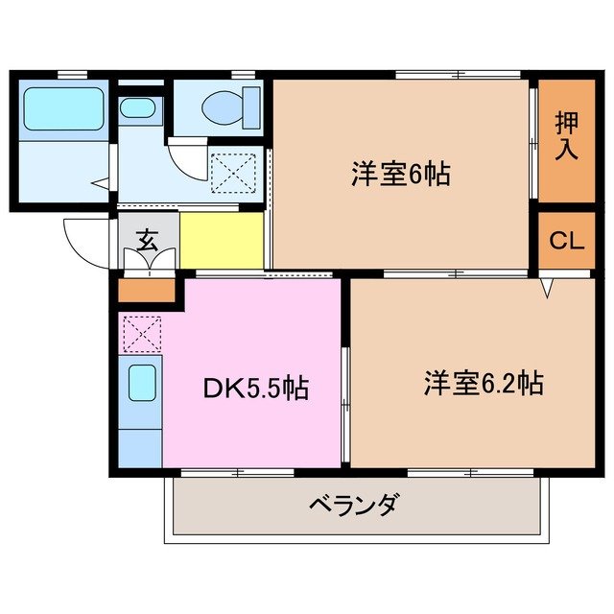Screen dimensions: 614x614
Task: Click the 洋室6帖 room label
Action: click(x=400, y=177)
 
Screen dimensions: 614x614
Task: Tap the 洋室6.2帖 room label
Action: click(x=484, y=384)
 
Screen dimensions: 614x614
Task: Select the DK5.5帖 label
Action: click(x=255, y=389)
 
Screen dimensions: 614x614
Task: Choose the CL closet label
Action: click(x=566, y=240)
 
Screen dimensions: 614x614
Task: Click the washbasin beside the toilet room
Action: click(x=141, y=107)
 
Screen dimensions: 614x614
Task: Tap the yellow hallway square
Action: click(x=222, y=240)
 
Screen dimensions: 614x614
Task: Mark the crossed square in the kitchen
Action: click(x=141, y=334)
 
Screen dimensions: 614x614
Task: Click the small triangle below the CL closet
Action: click(x=548, y=286)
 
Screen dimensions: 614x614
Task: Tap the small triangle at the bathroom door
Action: click(x=99, y=180)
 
